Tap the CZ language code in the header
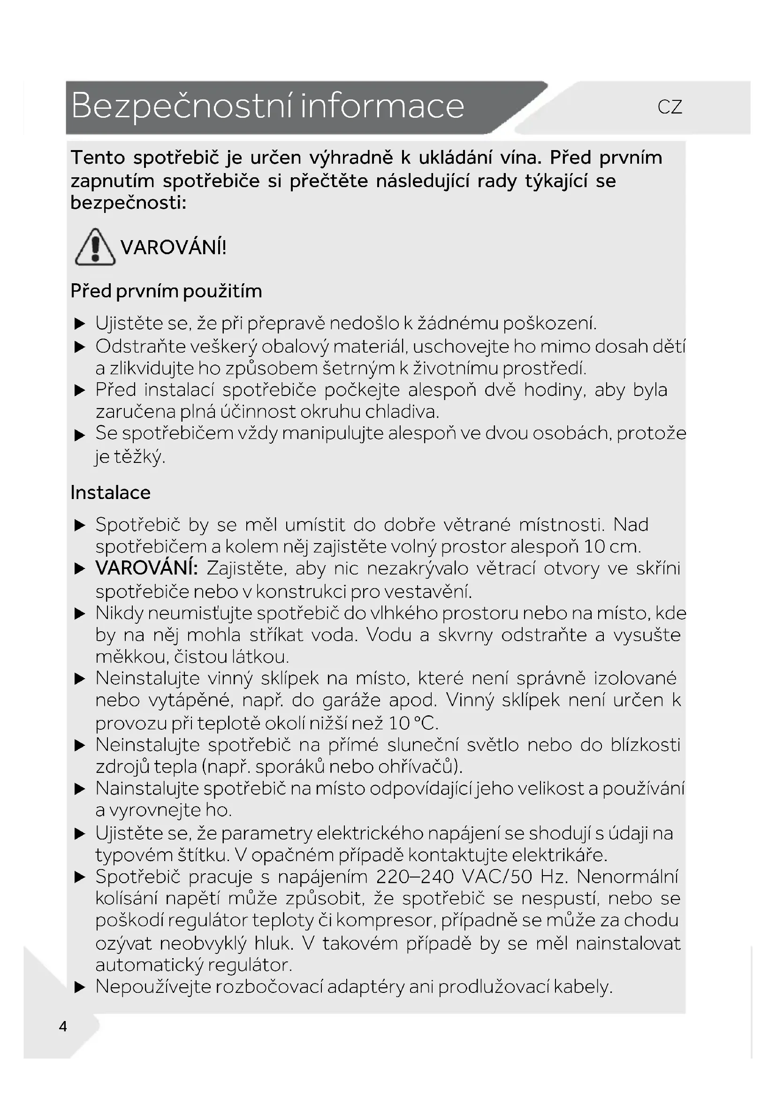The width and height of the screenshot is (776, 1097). point(669,107)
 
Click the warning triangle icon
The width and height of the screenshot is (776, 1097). point(95,248)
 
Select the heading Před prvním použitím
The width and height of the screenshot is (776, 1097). point(166,291)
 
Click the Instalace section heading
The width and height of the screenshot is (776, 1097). point(110,492)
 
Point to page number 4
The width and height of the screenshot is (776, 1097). point(63,1026)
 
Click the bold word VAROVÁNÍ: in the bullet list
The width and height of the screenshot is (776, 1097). point(146,568)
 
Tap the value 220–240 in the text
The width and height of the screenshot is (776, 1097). point(415,877)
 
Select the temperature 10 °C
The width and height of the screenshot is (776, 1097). point(412,723)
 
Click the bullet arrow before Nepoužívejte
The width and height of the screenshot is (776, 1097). point(80,987)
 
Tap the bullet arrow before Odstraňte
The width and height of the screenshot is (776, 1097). point(80,347)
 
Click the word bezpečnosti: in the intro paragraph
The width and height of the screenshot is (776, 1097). point(128,203)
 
